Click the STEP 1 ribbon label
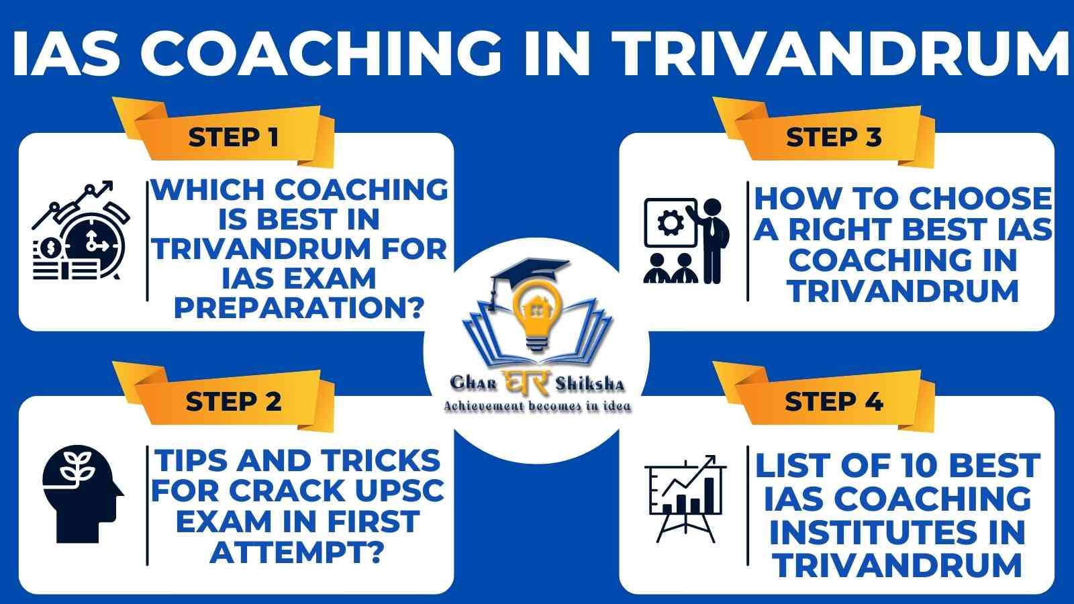233,138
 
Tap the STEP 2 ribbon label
233,401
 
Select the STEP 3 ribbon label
834,138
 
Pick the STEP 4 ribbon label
834,401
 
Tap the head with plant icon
83,495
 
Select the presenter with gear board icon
687,241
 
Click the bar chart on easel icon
685,499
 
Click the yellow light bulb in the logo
537,315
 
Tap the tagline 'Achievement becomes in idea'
537,407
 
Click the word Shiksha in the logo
590,383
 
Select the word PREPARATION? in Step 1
299,308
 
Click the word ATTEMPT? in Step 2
297,552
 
